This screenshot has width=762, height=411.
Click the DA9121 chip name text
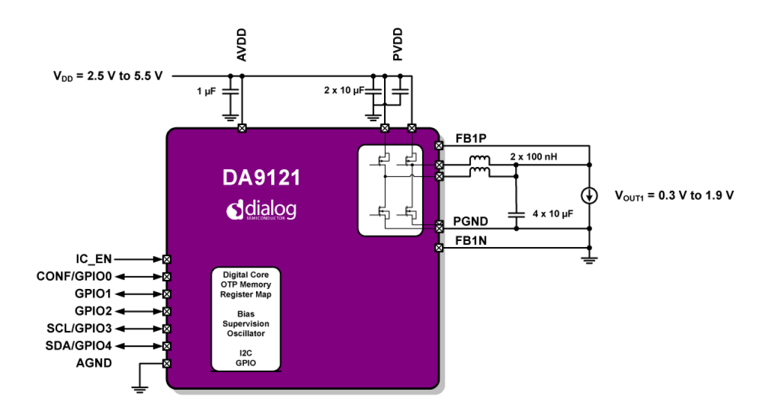pos(261,178)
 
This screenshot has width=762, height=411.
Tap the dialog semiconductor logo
pos(261,210)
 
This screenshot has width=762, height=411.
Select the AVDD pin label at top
pos(241,45)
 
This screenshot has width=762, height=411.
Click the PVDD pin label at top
pos(398,45)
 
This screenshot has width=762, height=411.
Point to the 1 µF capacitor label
pos(207,90)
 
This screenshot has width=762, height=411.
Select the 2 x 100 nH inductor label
pos(534,157)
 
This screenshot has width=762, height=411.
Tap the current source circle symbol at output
pos(589,196)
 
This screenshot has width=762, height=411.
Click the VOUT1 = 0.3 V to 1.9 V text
pos(673,196)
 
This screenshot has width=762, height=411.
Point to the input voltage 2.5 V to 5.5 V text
pos(108,76)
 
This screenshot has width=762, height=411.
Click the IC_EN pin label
pos(93,259)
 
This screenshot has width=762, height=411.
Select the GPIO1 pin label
pos(93,294)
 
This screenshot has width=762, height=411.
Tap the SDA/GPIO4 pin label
pos(79,346)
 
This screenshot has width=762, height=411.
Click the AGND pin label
pos(93,363)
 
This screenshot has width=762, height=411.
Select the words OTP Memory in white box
pos(246,284)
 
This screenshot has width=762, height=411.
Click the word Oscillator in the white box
pos(246,333)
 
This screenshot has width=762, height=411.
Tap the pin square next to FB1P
pos(439,146)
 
